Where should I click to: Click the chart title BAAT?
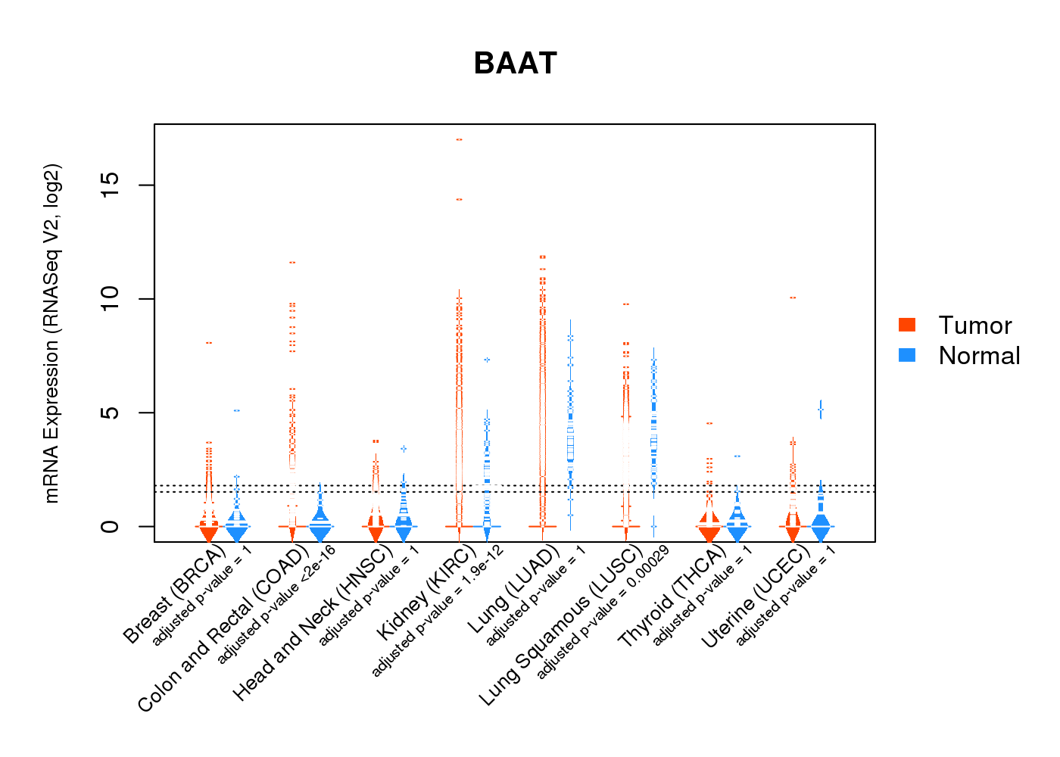coord(515,64)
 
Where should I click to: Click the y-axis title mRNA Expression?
coord(51,333)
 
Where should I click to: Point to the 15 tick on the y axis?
coord(111,185)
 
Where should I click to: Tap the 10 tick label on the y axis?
coord(111,299)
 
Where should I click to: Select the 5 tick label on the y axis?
coord(111,413)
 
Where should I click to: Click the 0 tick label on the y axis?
coord(111,526)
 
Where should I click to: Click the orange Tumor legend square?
coord(907,325)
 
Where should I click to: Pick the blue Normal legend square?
coord(907,355)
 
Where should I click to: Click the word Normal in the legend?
coord(979,356)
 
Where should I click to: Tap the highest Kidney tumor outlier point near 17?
coord(459,139)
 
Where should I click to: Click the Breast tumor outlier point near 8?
coord(209,343)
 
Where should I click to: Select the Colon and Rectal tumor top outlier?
coord(292,263)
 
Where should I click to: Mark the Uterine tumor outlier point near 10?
coord(793,298)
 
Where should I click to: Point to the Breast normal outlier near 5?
coord(237,410)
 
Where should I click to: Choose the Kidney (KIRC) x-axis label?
coord(426,593)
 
